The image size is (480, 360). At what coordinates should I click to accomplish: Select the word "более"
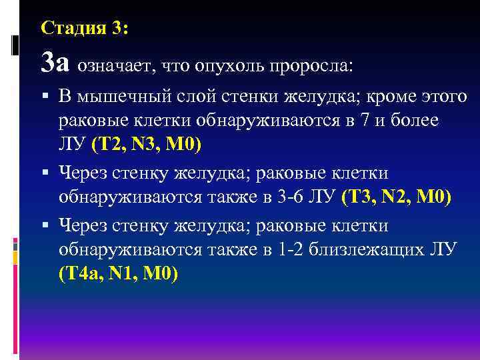(x=417, y=122)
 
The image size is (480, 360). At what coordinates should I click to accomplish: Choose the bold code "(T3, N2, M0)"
(x=396, y=198)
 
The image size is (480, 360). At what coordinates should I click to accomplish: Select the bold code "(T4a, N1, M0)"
(x=119, y=274)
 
